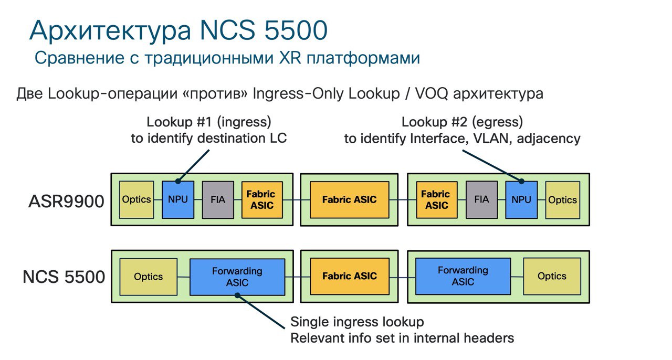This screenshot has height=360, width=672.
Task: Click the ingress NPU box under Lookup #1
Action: (178, 199)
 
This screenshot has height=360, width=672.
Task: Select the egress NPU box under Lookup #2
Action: (521, 199)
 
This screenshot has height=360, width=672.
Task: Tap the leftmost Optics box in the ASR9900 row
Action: (136, 199)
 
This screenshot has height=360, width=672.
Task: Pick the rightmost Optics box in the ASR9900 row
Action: (562, 200)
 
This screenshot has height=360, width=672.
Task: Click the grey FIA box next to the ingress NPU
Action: (218, 199)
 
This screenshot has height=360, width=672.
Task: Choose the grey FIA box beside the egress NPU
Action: (481, 199)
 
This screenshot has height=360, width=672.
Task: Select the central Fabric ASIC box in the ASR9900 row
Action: (350, 199)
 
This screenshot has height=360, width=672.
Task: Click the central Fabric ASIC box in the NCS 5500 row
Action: (350, 276)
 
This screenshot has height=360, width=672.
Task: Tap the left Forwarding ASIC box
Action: (237, 277)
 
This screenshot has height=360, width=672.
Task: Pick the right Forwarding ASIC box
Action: (463, 277)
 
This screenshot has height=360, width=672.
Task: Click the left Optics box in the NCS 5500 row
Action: (149, 277)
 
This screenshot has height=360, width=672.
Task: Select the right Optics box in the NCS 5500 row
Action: (552, 277)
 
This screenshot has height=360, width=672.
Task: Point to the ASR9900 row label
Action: (66, 202)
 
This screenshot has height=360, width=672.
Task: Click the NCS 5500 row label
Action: (64, 277)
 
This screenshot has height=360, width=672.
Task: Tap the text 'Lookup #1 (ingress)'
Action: (209, 122)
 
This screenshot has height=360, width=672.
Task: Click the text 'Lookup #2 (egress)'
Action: (463, 122)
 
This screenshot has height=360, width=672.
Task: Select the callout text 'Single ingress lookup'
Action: (357, 322)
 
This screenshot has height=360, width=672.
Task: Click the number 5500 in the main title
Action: (296, 30)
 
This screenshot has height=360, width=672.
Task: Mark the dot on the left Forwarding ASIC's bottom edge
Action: (237, 295)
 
